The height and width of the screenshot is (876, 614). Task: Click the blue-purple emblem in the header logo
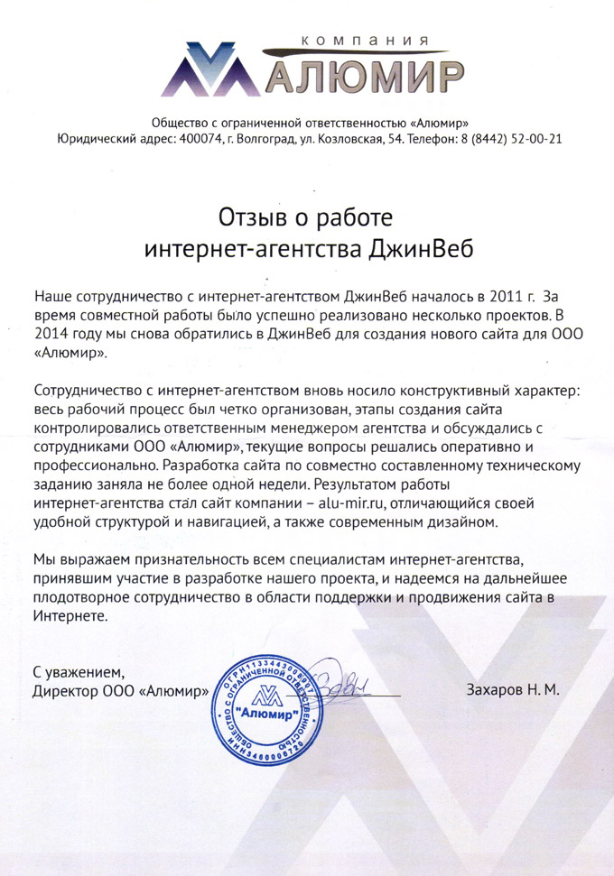[210, 70]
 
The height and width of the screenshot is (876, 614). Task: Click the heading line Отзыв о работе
[307, 217]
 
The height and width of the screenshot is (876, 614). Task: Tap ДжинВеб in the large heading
[422, 248]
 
